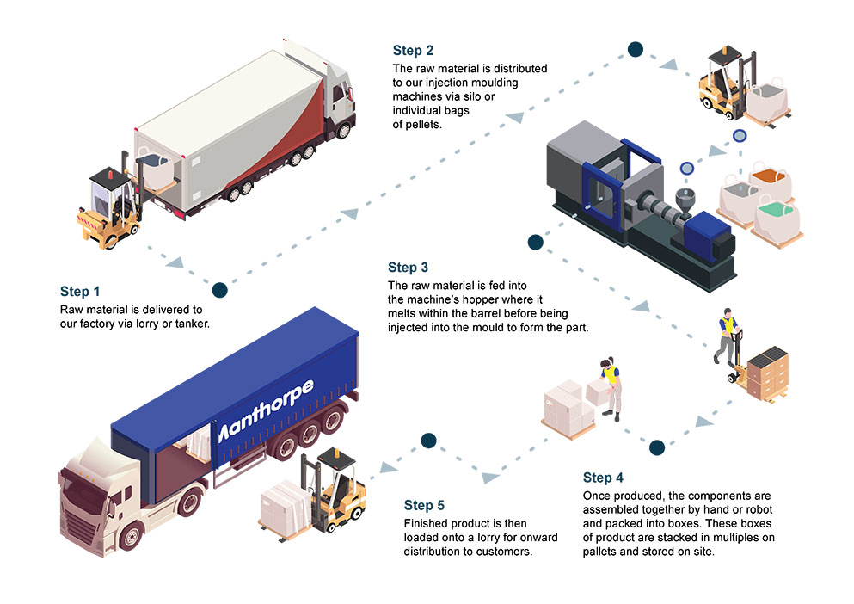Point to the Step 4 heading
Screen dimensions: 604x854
coord(609,478)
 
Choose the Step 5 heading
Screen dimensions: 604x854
coord(430,505)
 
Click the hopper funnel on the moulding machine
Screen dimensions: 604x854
coord(685,200)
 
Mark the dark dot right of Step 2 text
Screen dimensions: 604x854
coord(635,49)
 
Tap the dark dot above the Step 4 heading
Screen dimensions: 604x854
coord(657,447)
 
